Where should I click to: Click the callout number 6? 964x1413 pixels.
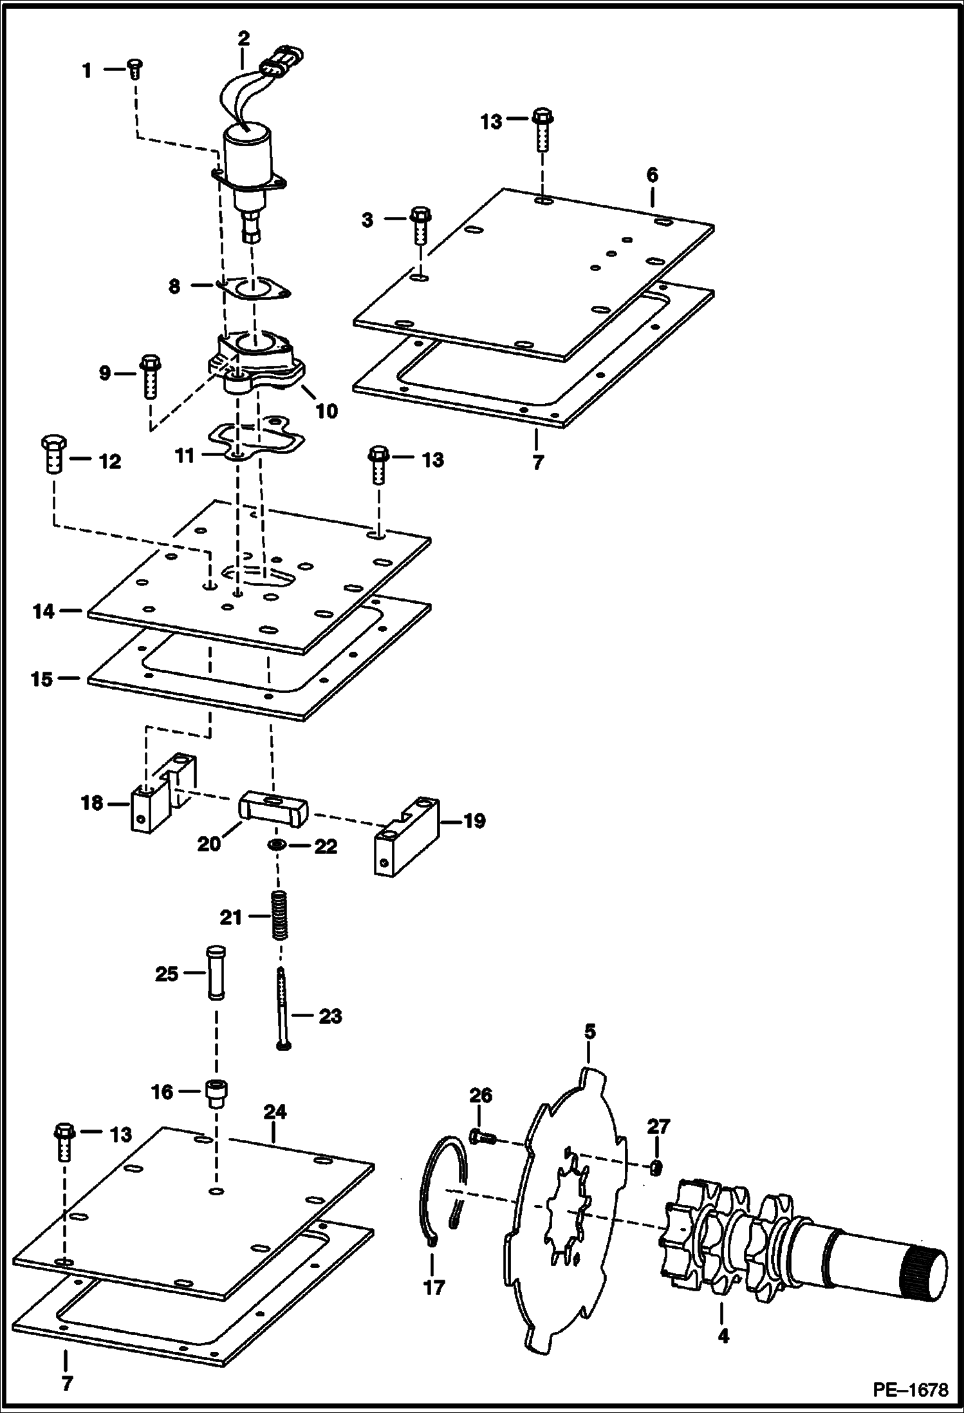[653, 175]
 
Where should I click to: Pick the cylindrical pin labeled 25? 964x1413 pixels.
[214, 972]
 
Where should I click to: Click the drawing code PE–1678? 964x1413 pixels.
[910, 1390]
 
